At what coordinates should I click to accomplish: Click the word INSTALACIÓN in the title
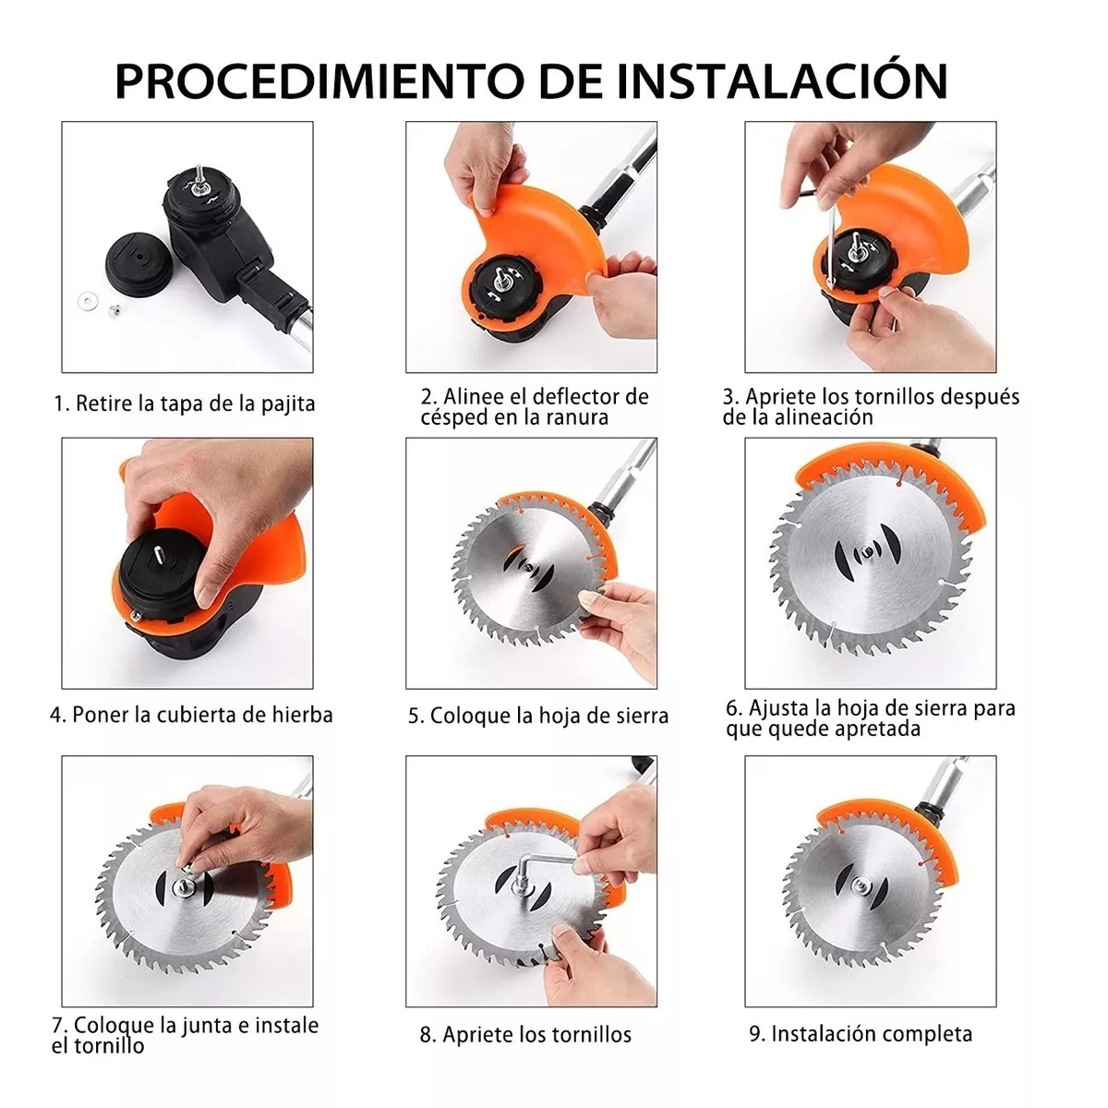(x=782, y=80)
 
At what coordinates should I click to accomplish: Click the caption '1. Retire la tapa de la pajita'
(x=184, y=403)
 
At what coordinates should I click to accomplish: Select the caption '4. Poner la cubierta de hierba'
(x=191, y=715)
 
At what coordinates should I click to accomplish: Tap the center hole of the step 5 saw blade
(x=528, y=570)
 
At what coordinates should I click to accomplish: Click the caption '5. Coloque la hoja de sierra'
(x=538, y=716)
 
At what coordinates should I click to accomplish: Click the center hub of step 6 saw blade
(x=865, y=556)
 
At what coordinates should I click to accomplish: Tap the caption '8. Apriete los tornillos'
(x=525, y=1034)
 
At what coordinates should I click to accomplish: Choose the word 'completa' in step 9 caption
(x=925, y=1033)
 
